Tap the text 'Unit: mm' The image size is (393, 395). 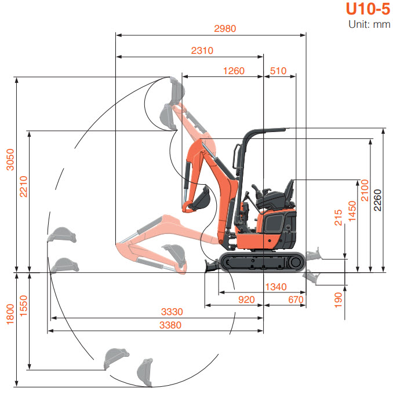tap(369, 24)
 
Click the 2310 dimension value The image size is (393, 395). tap(202, 50)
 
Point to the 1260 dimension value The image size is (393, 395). tap(234, 71)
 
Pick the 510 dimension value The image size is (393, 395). tap(278, 71)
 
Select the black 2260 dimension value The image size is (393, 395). tap(377, 200)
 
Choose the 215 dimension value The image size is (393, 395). tap(339, 218)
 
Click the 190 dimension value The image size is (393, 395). tap(339, 299)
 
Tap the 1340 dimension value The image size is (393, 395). tap(275, 287)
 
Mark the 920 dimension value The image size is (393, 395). tap(247, 299)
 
